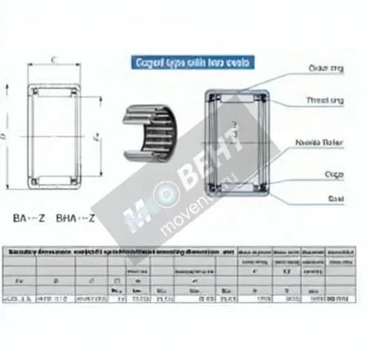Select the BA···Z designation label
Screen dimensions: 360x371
[x=29, y=218]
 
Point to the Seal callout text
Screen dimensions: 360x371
[x=335, y=199]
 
